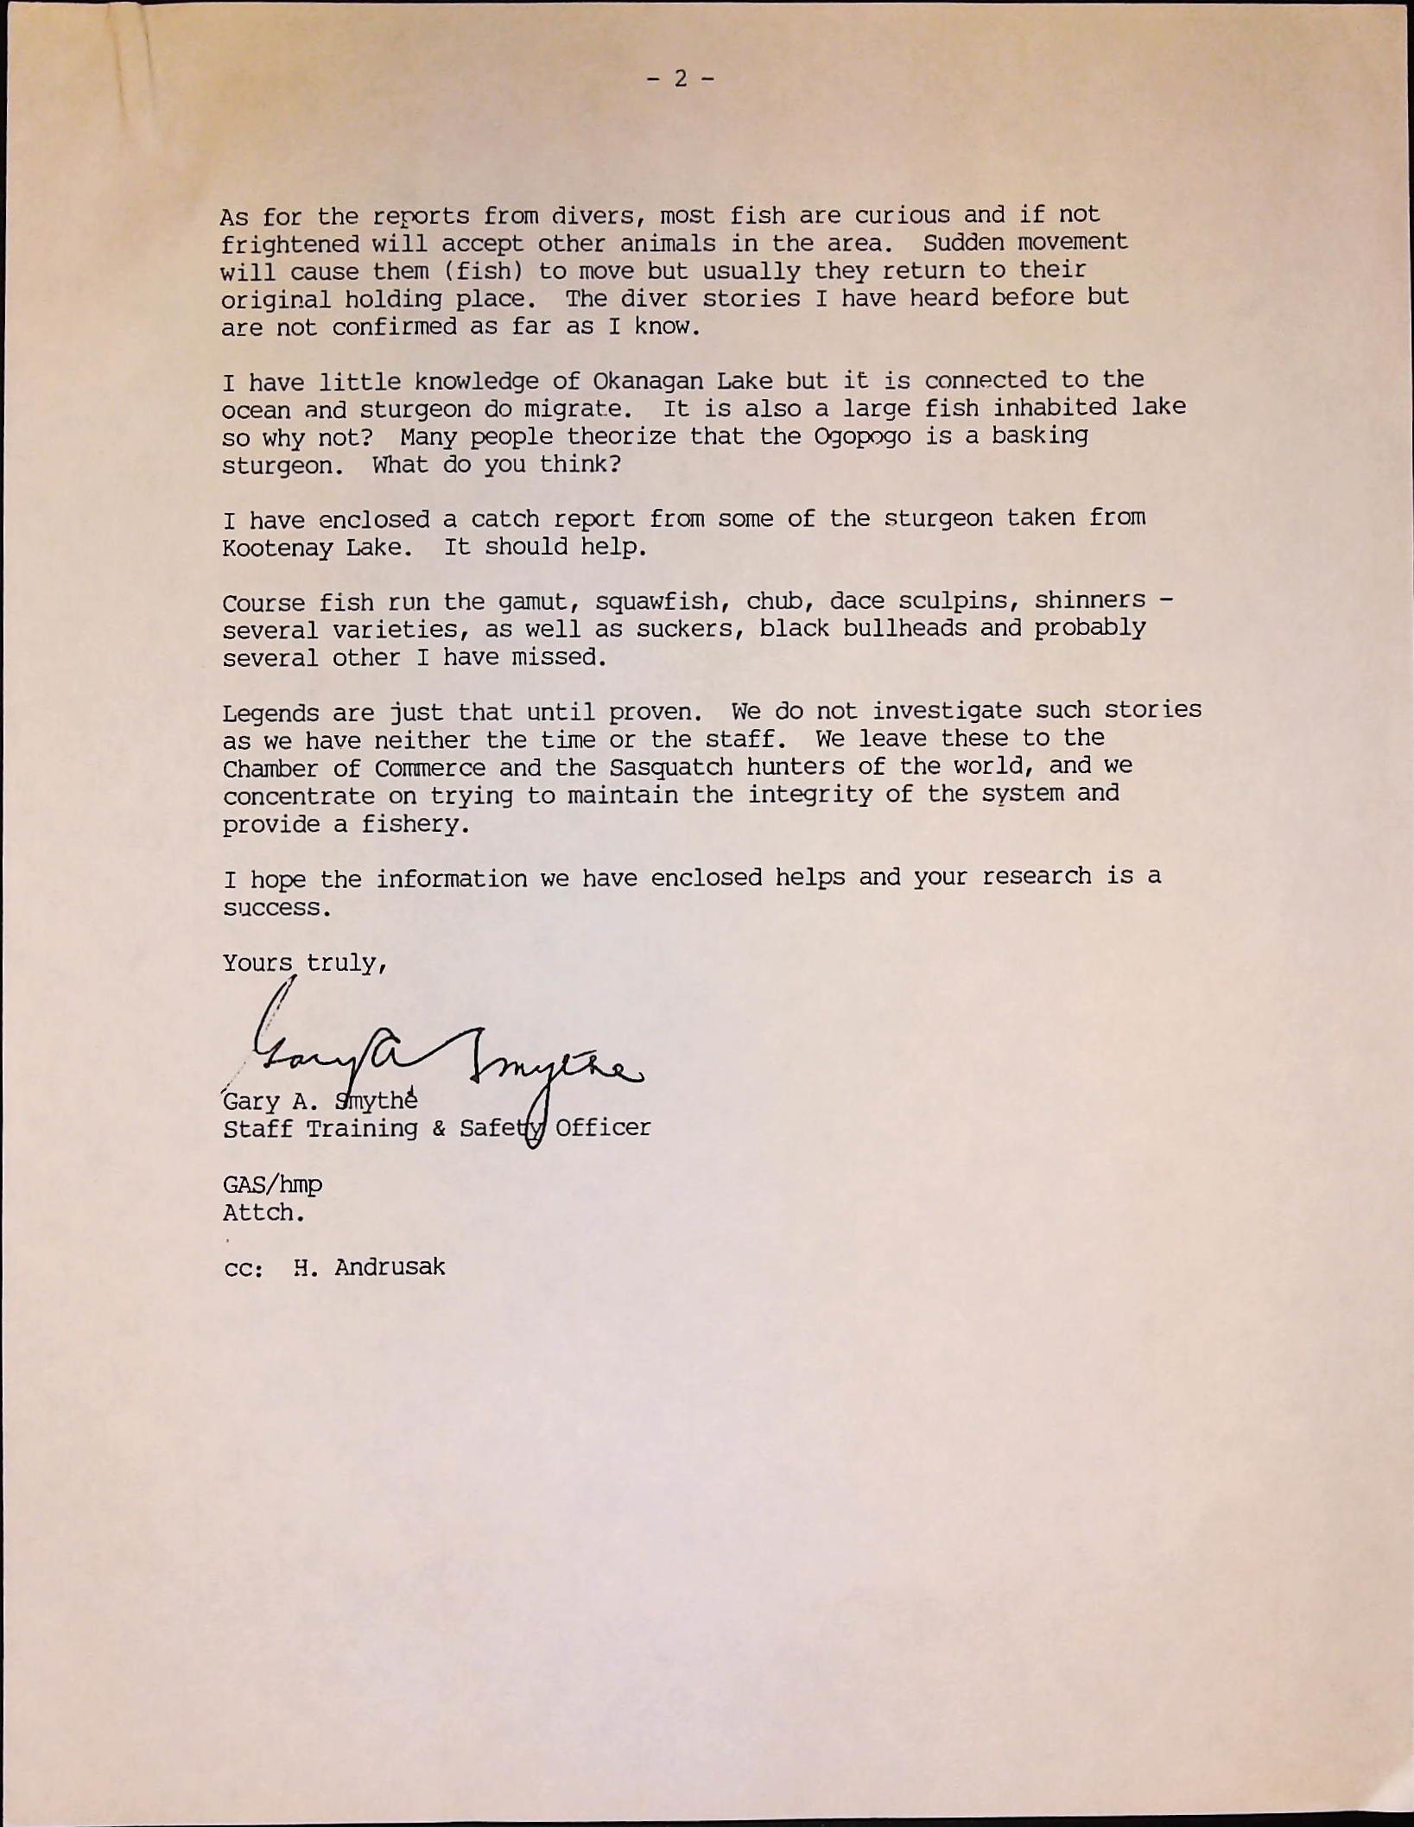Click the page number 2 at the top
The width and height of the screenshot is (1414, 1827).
tap(681, 79)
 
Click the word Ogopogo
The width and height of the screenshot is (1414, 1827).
tap(862, 436)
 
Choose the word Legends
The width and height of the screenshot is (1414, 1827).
tap(270, 714)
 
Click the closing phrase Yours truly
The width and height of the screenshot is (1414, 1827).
tap(304, 963)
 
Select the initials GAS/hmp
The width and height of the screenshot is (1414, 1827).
tap(272, 1184)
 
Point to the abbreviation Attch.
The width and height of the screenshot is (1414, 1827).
tap(263, 1213)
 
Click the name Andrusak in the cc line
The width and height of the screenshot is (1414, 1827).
tap(390, 1267)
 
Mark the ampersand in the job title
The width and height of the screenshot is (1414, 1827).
tap(438, 1128)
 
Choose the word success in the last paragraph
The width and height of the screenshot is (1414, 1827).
tap(276, 908)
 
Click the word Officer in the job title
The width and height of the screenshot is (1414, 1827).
tap(602, 1127)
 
